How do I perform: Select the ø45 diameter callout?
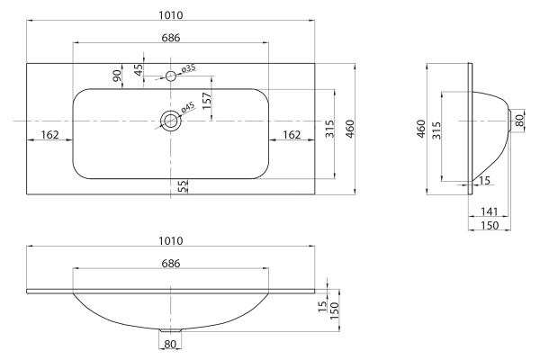(x=187, y=108)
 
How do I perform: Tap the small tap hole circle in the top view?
(x=170, y=76)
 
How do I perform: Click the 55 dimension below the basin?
(x=183, y=186)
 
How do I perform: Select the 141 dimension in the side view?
(x=489, y=211)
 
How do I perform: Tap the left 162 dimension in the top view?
(x=49, y=134)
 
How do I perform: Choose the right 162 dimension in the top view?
(x=291, y=134)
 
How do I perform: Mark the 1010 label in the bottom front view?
(x=170, y=240)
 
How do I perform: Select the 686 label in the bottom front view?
(x=170, y=264)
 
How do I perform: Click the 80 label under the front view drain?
(x=170, y=344)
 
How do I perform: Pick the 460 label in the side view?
(x=419, y=129)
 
